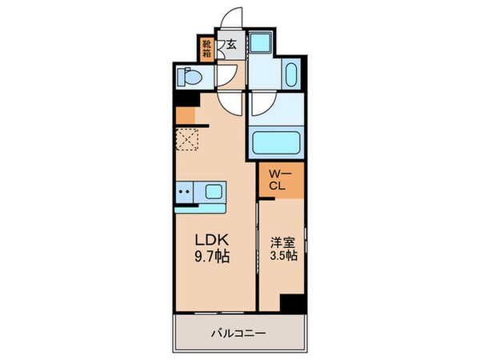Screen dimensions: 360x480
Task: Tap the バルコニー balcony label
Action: (238, 332)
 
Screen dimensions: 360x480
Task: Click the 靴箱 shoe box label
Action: (206, 50)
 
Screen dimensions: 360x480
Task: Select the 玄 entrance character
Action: (230, 46)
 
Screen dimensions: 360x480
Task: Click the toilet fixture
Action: (189, 78)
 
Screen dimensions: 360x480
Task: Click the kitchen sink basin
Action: (214, 191)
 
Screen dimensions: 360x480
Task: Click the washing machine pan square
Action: (259, 43)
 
